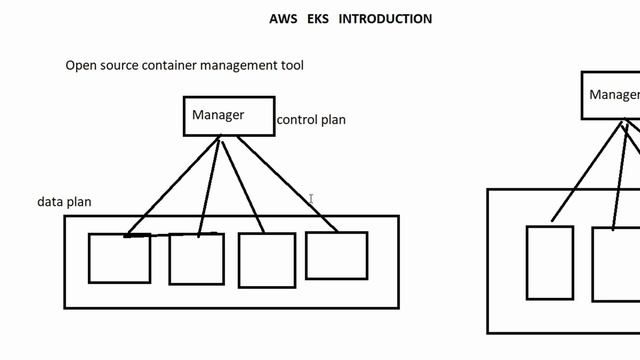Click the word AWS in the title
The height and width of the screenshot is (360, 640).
pyautogui.click(x=282, y=19)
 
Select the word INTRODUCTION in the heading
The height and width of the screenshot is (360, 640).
pyautogui.click(x=385, y=19)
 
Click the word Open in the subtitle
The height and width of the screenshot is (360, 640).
pyautogui.click(x=81, y=66)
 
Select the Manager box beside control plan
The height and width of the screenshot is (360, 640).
pyautogui.click(x=229, y=116)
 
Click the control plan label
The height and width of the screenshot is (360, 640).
pyautogui.click(x=311, y=120)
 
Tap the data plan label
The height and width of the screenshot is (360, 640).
pyautogui.click(x=64, y=202)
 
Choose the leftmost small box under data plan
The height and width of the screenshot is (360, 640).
pyautogui.click(x=119, y=258)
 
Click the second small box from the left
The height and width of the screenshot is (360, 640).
pyautogui.click(x=196, y=258)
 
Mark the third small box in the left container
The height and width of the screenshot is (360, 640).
pyautogui.click(x=267, y=260)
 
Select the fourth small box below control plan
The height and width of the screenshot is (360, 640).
pyautogui.click(x=336, y=255)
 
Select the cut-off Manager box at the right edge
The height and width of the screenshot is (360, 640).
pyautogui.click(x=612, y=96)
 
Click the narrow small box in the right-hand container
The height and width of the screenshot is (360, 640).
pyautogui.click(x=550, y=262)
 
